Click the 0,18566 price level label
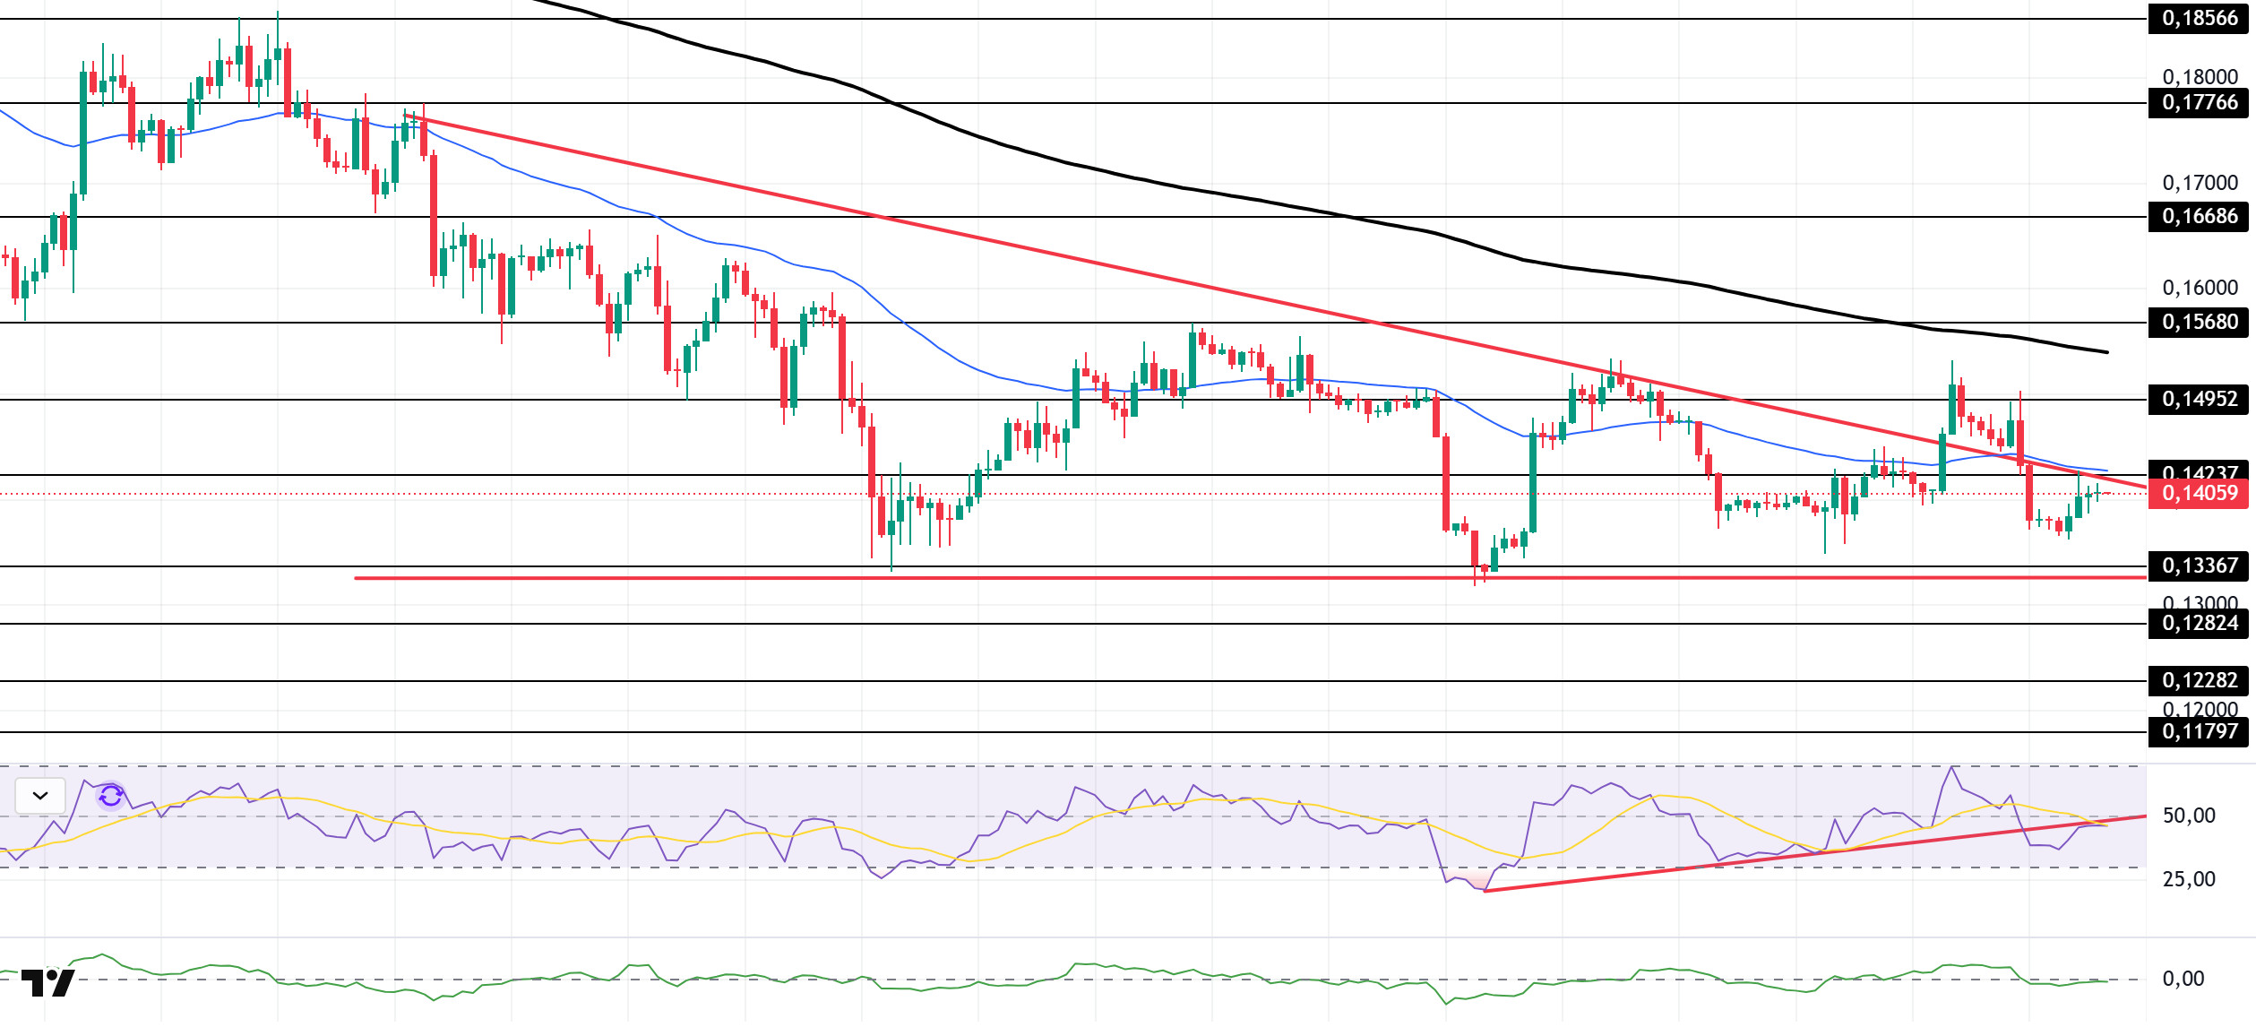(2199, 18)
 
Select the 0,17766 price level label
(2199, 102)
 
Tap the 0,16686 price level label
(2199, 216)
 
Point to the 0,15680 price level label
(2199, 322)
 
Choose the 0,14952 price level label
(2199, 399)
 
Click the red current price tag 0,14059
(2199, 493)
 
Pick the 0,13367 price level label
(2199, 565)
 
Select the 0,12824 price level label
(2199, 623)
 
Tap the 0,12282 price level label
(2199, 680)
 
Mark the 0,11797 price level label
(2199, 731)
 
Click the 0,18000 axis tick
(2200, 76)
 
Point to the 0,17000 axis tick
(2200, 183)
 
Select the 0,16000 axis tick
(2200, 288)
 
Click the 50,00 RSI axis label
(2188, 816)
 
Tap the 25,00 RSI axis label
(2188, 879)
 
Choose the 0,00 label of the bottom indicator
(2183, 979)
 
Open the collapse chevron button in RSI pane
(40, 796)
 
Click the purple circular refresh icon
(111, 796)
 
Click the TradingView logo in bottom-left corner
(47, 983)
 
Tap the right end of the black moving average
(2106, 352)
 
